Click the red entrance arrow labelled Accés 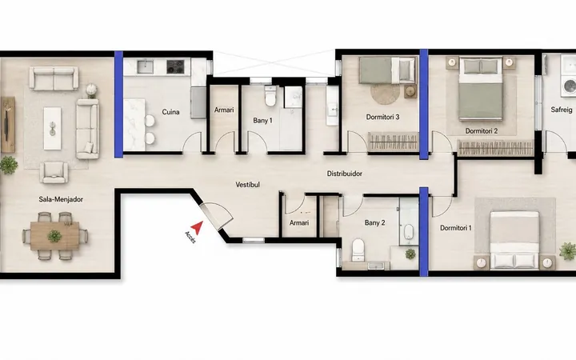click(x=198, y=227)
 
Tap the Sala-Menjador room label click(x=61, y=199)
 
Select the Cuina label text click(x=171, y=112)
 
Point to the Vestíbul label click(x=247, y=185)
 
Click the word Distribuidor click(x=345, y=174)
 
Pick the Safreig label click(x=562, y=110)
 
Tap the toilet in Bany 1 click(x=270, y=96)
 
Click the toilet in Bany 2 click(x=358, y=250)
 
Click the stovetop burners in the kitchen click(x=175, y=66)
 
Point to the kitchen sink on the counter click(x=145, y=66)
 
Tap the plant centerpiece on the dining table click(x=54, y=236)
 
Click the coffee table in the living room click(x=53, y=128)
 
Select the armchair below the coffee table click(x=54, y=172)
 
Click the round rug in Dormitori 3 click(x=385, y=94)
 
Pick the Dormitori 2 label click(x=482, y=130)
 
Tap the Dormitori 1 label click(x=455, y=228)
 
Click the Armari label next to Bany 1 click(x=224, y=110)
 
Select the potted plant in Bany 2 click(x=410, y=254)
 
